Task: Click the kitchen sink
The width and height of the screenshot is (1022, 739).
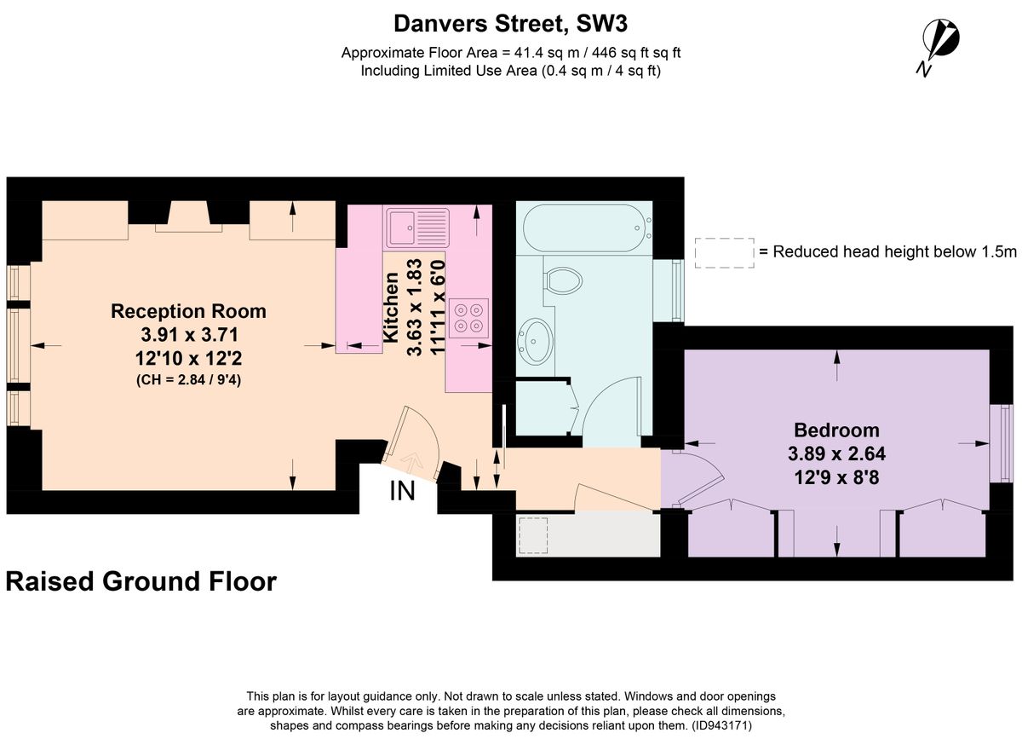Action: point(418,228)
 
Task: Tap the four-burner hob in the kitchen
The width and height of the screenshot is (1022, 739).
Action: point(468,318)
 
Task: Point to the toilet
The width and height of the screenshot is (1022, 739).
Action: point(563,280)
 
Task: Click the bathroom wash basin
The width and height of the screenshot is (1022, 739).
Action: point(536,341)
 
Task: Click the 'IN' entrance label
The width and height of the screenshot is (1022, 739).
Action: point(402,491)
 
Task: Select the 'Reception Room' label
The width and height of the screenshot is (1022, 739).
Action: point(188,311)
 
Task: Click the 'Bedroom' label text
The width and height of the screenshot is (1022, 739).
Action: point(836,430)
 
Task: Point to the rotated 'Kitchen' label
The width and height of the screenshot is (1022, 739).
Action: point(391,307)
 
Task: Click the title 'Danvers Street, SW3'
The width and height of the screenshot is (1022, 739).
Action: point(510,23)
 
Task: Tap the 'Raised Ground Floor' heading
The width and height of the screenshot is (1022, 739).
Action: point(141,581)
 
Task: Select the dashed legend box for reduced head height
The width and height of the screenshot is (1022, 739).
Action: point(724,252)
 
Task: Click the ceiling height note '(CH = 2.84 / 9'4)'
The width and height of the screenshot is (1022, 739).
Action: point(188,379)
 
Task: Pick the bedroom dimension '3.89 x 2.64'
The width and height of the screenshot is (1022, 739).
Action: point(836,453)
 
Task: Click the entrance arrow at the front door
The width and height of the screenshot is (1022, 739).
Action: point(411,461)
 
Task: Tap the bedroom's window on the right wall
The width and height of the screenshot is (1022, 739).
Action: point(1001,443)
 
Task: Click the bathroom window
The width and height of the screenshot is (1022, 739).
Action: point(669,291)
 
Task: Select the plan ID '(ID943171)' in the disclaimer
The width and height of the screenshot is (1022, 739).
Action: point(722,725)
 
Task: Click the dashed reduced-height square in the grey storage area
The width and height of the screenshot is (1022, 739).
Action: point(533,535)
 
